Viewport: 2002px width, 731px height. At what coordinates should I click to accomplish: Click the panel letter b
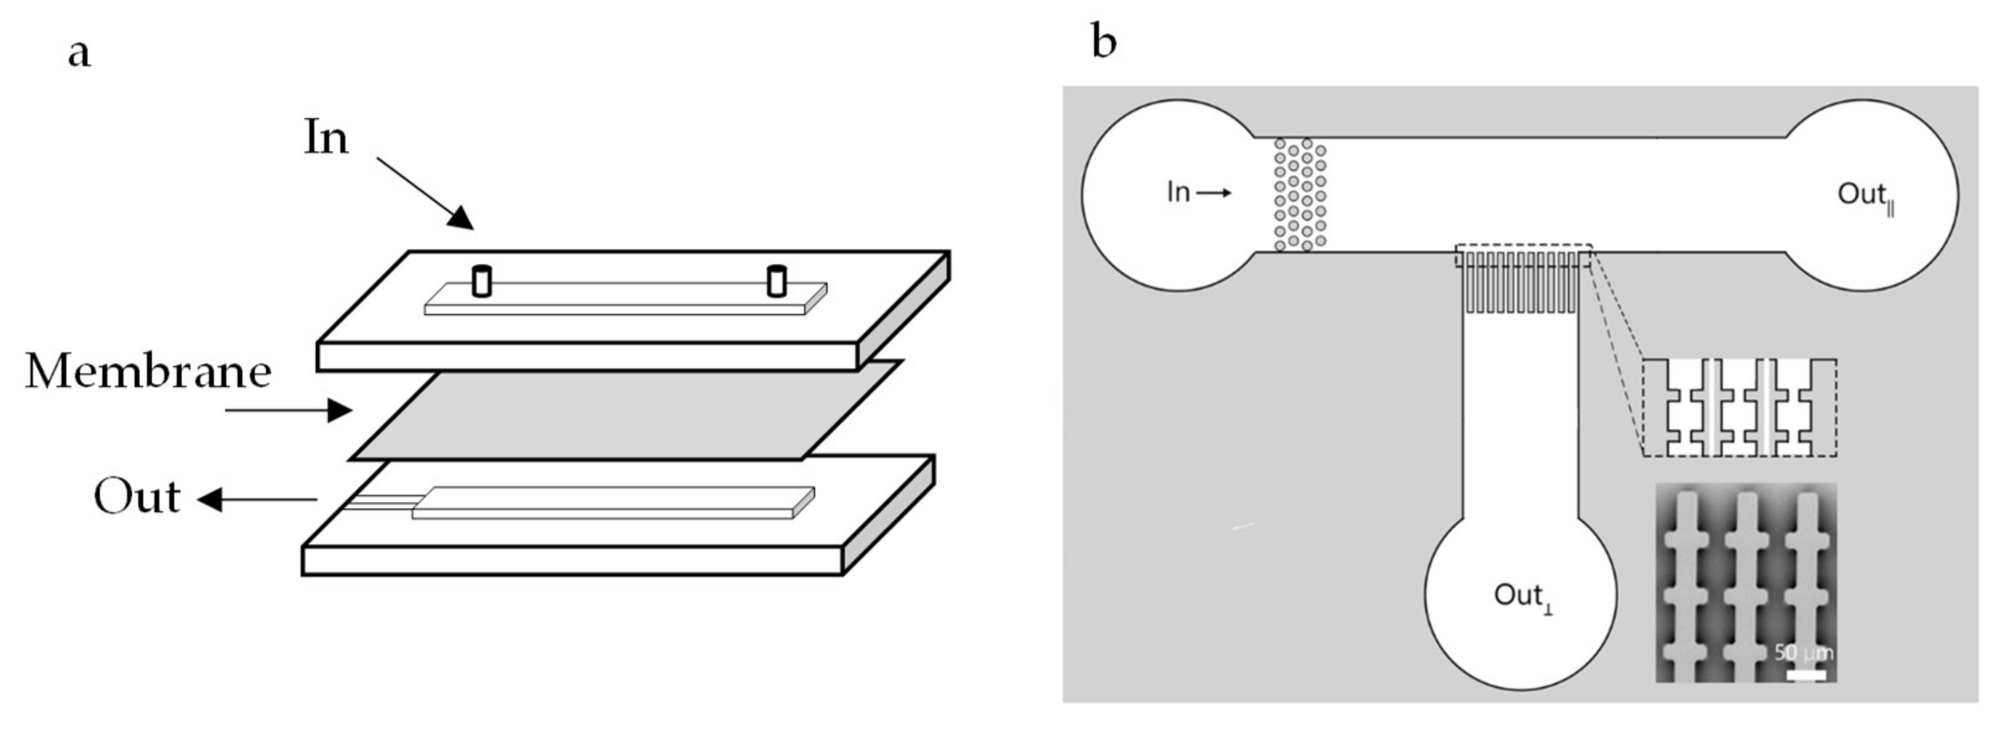[1104, 40]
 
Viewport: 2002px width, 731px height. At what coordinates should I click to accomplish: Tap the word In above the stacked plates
[326, 138]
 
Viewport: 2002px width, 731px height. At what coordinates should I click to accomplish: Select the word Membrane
[148, 371]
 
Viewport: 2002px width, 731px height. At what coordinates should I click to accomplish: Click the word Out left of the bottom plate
[136, 497]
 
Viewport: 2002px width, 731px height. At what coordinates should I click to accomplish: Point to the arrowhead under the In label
[461, 218]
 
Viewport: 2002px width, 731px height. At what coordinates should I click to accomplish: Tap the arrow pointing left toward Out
[257, 499]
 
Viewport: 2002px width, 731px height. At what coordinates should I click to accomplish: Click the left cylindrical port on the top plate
[482, 281]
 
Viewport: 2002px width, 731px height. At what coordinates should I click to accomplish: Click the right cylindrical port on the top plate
[776, 281]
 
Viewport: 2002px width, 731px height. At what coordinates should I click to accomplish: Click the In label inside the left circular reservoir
[1178, 192]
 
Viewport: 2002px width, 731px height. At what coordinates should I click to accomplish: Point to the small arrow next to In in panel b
[1214, 193]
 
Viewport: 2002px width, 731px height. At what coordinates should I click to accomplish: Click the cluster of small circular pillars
[1300, 195]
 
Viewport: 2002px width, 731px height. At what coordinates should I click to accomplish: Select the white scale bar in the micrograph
[1805, 675]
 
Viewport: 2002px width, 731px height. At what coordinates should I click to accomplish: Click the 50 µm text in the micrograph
[1803, 652]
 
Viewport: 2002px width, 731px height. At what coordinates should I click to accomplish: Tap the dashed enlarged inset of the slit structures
[1740, 408]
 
